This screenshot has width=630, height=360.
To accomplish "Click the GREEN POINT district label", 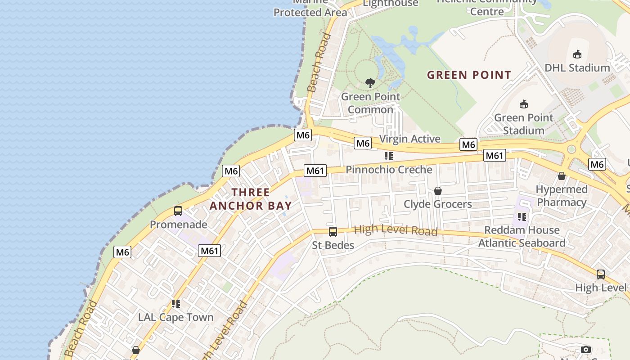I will pos(469,75).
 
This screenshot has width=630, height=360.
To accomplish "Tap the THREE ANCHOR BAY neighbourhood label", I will pos(250,199).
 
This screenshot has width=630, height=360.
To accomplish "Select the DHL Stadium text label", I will pos(577,68).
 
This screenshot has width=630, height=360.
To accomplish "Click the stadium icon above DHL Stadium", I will pos(577,54).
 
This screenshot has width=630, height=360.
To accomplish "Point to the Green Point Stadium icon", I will pos(523,104).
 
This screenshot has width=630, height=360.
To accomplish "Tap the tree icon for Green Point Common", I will pos(370,83).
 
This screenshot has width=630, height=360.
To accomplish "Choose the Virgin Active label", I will pos(409,139).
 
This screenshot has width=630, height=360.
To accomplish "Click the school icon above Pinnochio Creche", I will pos(389,156).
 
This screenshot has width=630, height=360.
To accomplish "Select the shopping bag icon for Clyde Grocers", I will pos(437,191).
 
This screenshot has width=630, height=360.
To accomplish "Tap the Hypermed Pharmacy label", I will pos(562,196).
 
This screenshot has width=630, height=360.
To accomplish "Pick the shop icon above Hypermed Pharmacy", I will pos(561,176).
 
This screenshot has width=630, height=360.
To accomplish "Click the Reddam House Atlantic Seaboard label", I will pos(522,237).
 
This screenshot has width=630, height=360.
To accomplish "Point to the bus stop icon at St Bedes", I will pos(333,232).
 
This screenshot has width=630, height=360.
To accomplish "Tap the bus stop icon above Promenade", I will pos(178,211).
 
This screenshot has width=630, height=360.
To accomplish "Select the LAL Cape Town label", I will pos(175,317).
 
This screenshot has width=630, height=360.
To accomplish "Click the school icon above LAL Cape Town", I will pos(175,304).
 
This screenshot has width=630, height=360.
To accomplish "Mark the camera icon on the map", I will pos(585,349).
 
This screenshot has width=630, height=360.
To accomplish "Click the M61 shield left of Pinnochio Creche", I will pos(315,171).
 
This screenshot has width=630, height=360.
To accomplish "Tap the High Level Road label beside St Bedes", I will pos(396,230).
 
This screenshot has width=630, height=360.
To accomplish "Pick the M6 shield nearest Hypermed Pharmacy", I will pos(597,164).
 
